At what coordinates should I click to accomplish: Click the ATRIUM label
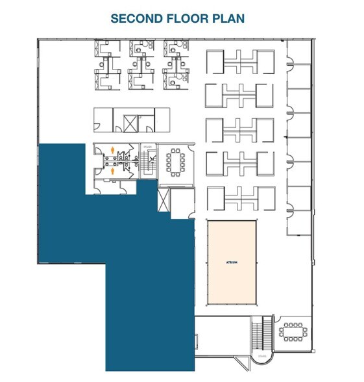(232, 262)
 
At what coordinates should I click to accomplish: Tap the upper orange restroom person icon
(113, 151)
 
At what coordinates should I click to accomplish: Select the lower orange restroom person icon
(113, 172)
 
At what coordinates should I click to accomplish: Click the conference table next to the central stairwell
(174, 162)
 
